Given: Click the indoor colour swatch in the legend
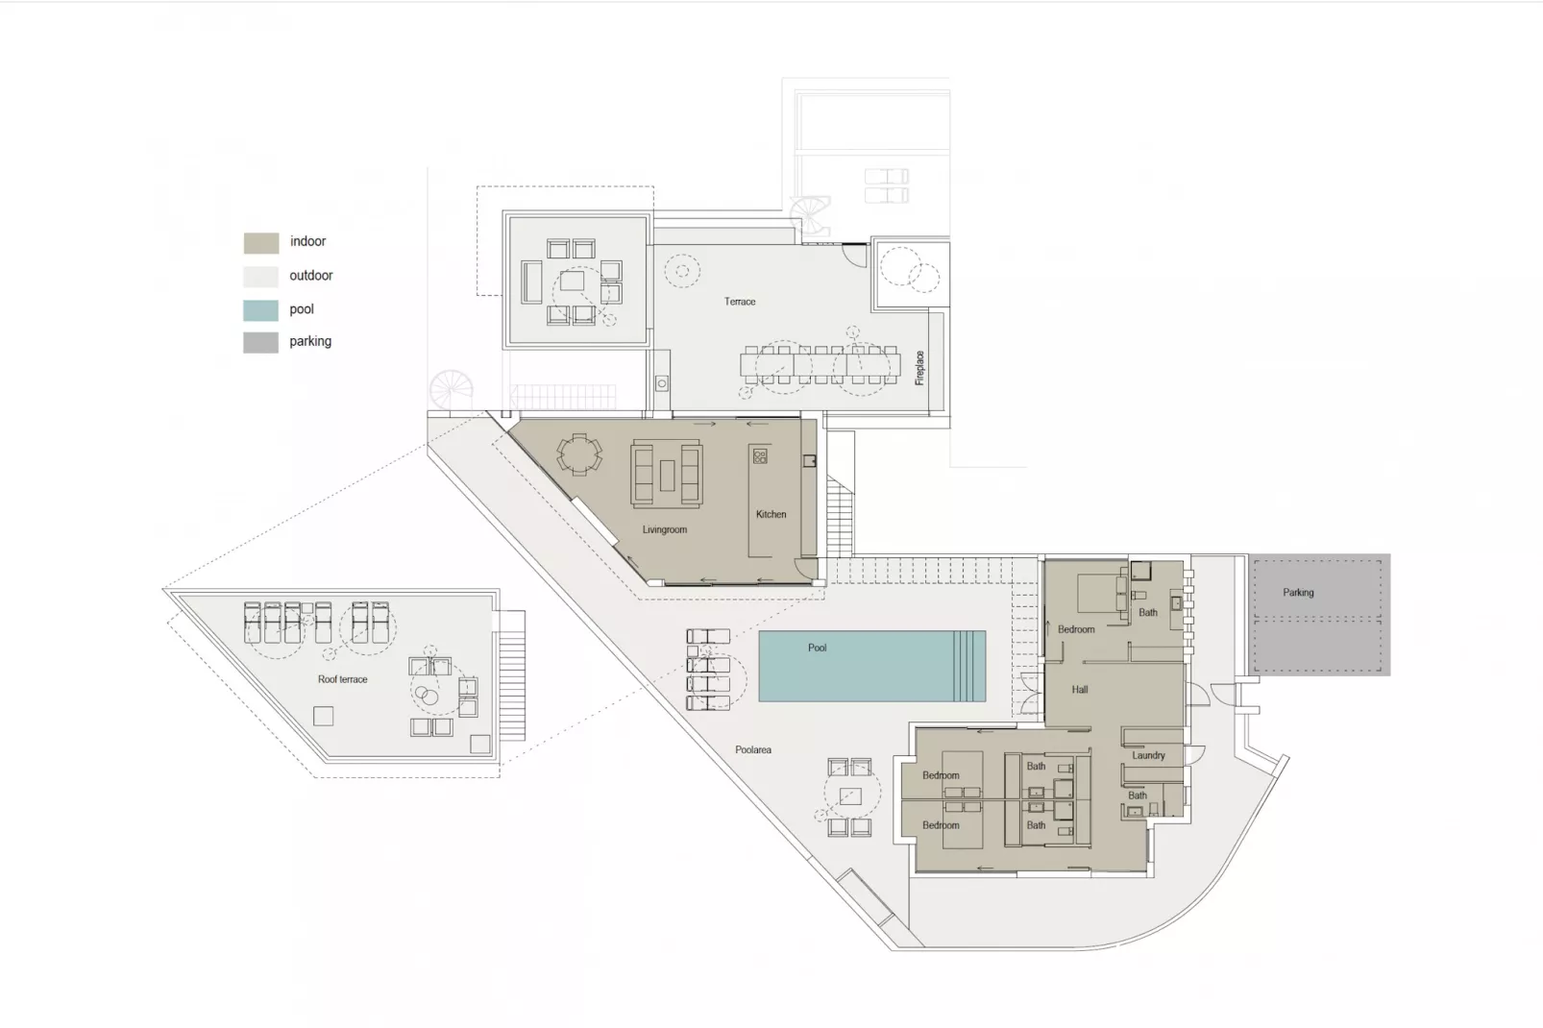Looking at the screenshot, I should coord(260,243).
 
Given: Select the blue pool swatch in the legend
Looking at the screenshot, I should coord(260,310).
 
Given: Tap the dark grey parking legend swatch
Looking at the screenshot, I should coord(260,343).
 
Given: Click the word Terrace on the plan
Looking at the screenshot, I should coord(739,302).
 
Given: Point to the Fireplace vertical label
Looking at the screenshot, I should coord(919,368).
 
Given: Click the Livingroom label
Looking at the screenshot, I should coord(664,529).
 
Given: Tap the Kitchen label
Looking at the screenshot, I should coord(771,514).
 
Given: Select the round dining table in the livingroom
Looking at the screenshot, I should coord(579,453).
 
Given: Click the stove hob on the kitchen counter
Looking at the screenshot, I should coord(760,456).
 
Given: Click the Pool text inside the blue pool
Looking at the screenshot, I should coord(817,648).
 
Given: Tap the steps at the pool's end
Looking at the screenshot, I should coord(969,666).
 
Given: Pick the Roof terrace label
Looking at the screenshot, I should coord(342,679).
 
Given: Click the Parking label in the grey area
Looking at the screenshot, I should coord(1297,593).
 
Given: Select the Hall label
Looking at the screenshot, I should coord(1079,690).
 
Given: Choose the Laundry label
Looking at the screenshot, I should coord(1147,755).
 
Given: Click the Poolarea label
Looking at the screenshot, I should coord(752,749).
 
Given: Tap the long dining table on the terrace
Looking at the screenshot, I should coord(820,365).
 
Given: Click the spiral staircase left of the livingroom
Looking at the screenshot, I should coord(450,391).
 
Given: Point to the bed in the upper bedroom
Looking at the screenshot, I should coord(1100,593).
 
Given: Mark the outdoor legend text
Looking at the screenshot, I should coord(310,276).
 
